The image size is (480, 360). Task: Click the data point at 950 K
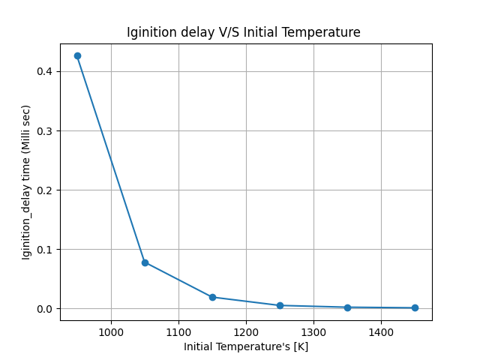pos(77,56)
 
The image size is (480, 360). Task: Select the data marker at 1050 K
pos(145,262)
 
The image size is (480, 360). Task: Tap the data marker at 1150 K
pos(212,297)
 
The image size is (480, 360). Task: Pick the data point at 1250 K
pos(280,305)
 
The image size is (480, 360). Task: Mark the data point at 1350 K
pos(347,307)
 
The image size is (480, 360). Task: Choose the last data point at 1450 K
pos(415,307)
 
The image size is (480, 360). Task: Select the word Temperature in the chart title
pos(325,32)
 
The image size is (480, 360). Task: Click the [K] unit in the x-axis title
pos(300,346)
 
